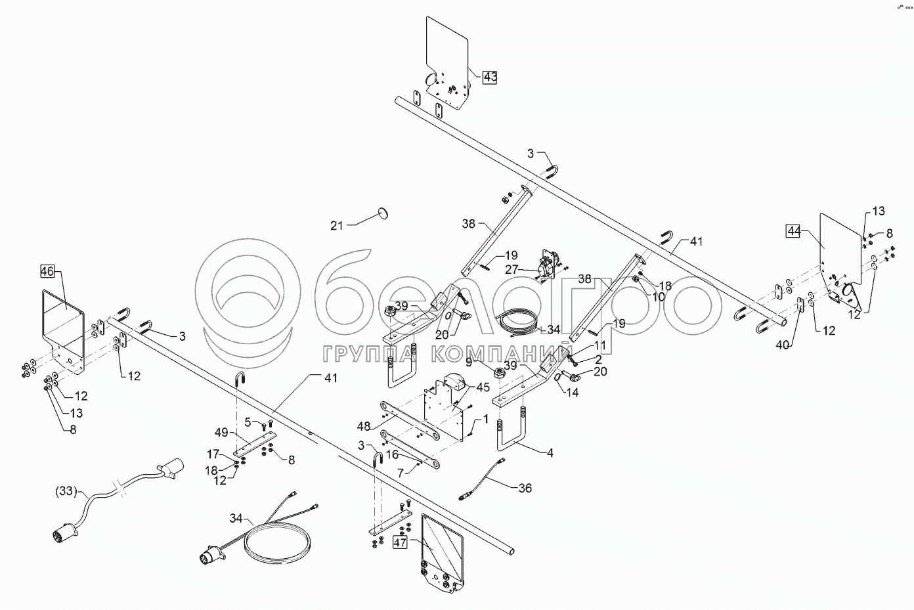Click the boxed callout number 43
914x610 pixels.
tap(490, 77)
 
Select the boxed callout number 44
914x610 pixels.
tap(794, 230)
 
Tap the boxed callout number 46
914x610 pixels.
tap(47, 271)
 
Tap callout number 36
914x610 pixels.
tap(525, 488)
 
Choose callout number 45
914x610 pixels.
tap(483, 387)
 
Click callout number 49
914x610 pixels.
tap(221, 432)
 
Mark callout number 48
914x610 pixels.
tap(365, 425)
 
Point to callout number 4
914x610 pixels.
tap(550, 453)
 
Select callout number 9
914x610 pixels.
tap(487, 361)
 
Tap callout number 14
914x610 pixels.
tap(573, 393)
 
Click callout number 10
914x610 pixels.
tap(659, 297)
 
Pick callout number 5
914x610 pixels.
tap(248, 421)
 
